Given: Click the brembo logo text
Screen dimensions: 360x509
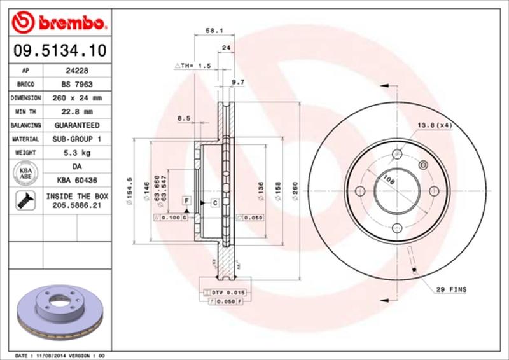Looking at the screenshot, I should point(67,24).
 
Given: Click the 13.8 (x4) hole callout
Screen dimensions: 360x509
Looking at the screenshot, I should point(435,125).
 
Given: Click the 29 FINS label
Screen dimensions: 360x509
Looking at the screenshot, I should point(452,290).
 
